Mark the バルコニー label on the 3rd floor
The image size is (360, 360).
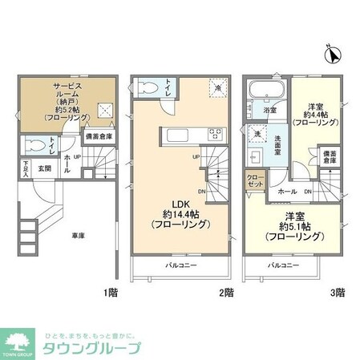[x=284, y=264]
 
